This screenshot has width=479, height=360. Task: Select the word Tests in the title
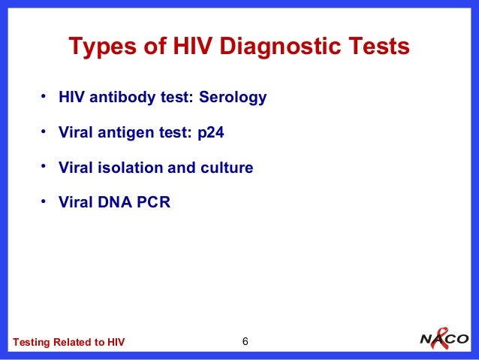[377, 47]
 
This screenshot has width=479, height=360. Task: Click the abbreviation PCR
[154, 202]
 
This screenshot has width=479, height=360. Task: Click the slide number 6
[245, 343]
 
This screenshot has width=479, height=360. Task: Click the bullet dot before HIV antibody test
[44, 97]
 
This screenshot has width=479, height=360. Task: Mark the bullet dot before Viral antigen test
[44, 132]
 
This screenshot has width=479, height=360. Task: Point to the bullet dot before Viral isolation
[44, 166]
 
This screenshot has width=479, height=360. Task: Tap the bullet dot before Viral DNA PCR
[44, 201]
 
